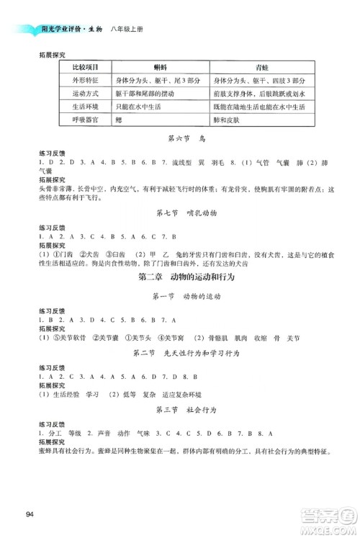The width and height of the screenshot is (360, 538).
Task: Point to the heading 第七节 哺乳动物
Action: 180,213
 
